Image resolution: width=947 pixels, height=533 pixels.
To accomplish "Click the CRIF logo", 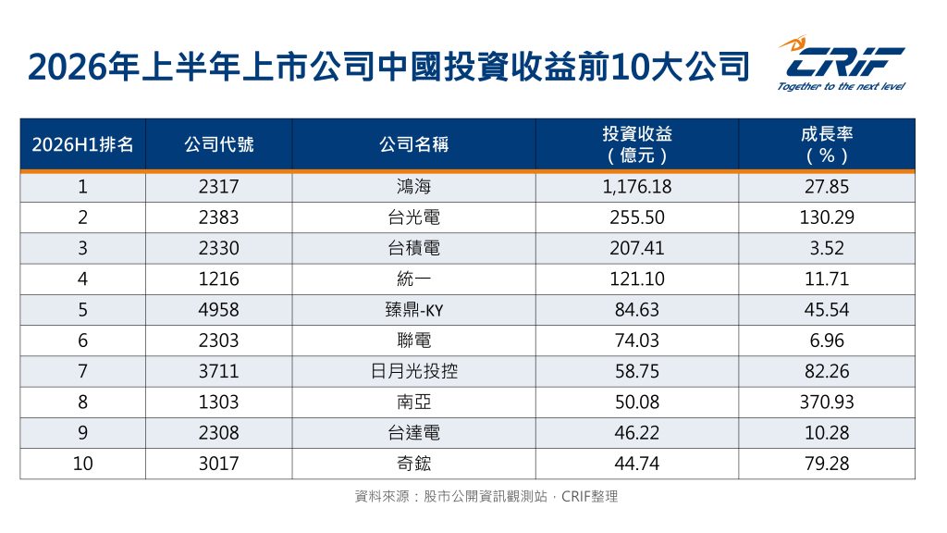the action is pos(842,63).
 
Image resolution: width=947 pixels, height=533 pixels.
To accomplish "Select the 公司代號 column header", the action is pos(218,144).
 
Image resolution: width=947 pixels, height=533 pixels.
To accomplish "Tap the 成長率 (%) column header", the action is pos(827,144).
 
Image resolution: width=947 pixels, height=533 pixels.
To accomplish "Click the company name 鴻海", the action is pos(413,187).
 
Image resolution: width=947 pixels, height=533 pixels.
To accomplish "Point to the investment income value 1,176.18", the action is pos(636,187).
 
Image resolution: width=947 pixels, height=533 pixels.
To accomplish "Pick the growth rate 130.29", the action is pos(827,217).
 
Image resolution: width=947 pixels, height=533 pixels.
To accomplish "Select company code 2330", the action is pos(218,248).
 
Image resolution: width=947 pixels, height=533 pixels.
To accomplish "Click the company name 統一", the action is pos(413,279).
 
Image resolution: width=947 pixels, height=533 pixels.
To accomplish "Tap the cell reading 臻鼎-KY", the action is pos(413,310).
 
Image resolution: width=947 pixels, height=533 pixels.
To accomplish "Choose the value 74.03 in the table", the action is pos(636,341).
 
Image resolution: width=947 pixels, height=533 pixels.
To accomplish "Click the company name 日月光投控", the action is pos(413,371).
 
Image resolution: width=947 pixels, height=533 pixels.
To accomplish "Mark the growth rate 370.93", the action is pos(827,402).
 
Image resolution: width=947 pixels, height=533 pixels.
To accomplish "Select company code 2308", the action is pos(218,433).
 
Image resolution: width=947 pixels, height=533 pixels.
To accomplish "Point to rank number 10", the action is pos(82,464).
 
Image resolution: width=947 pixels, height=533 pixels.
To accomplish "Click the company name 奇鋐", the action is pos(413,464).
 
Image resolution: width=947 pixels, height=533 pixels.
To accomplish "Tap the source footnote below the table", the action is pos(486,497).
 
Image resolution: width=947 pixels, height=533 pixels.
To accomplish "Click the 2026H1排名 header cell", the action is pos(82,144).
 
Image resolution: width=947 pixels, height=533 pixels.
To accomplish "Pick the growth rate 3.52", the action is pos(827,248).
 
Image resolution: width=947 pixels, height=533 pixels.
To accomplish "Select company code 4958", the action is pos(218,310).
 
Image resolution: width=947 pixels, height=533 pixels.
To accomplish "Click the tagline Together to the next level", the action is pos(842,86).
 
